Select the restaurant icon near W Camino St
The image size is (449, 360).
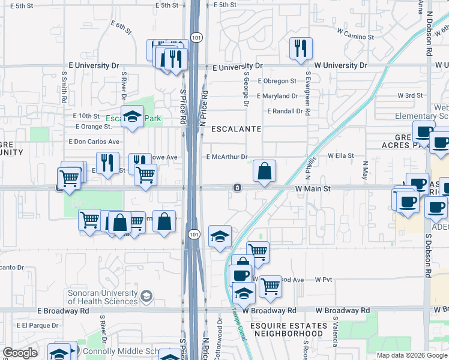301,49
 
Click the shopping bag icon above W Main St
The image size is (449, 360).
264,172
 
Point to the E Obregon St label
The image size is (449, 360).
277,81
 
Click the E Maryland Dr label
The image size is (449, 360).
277,96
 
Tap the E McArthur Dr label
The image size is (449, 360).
227,157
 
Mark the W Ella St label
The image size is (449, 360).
342,155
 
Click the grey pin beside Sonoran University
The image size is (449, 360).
146,296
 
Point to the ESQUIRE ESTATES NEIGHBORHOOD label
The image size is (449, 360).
290,329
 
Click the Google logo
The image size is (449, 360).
20,353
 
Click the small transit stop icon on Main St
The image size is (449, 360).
238,188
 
